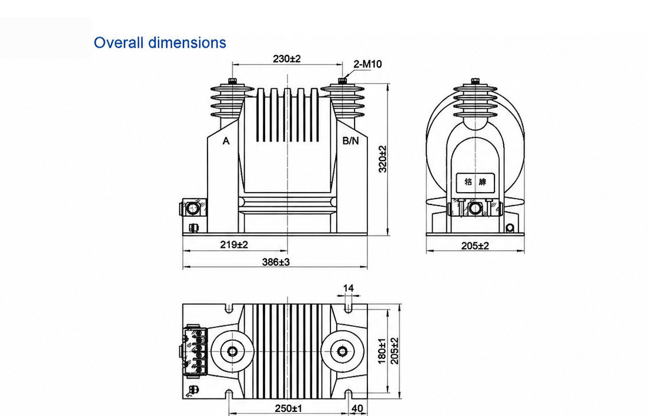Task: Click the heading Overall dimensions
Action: coord(160,42)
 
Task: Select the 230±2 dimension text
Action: coord(286,59)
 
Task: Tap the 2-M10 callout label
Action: coord(367,64)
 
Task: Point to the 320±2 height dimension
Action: coord(383,159)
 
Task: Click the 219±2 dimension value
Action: coord(234,245)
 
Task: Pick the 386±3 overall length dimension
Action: coord(276,262)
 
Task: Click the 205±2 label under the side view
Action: coord(475,246)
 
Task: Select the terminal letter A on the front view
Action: coord(226,141)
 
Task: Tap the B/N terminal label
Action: coord(350,141)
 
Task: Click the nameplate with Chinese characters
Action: coord(475,182)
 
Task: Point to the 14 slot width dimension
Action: coord(349,288)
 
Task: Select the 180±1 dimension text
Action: coord(382,351)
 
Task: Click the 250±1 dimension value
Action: coord(289,408)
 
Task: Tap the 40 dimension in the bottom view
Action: coord(357,408)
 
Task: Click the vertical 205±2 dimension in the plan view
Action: coord(394,351)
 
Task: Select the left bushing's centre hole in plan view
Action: coord(232,351)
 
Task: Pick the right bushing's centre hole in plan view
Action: coord(342,351)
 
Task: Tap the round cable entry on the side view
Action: coord(475,209)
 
